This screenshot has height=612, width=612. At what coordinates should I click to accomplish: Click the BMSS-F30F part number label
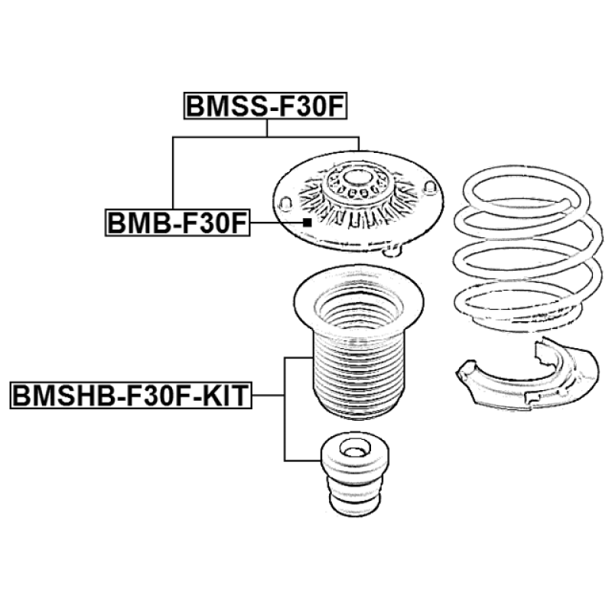pyautogui.click(x=266, y=106)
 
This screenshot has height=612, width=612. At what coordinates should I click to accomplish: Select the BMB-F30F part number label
pyautogui.click(x=177, y=223)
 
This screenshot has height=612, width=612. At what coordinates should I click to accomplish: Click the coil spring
pyautogui.click(x=527, y=252)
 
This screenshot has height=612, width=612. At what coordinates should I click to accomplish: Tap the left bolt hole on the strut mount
pyautogui.click(x=287, y=203)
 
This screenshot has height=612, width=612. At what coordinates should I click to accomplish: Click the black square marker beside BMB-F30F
pyautogui.click(x=307, y=222)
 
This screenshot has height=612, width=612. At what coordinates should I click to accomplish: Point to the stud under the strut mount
pyautogui.click(x=395, y=247)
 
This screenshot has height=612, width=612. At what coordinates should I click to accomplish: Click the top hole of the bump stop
pyautogui.click(x=353, y=450)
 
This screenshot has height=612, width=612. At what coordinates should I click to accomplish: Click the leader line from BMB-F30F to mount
pyautogui.click(x=277, y=223)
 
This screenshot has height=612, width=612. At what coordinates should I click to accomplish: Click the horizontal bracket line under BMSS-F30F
pyautogui.click(x=266, y=138)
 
